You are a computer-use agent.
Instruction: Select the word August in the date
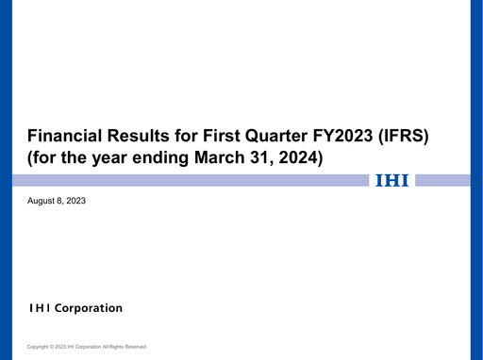click(x=42, y=201)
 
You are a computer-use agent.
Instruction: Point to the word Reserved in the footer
click(x=134, y=347)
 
